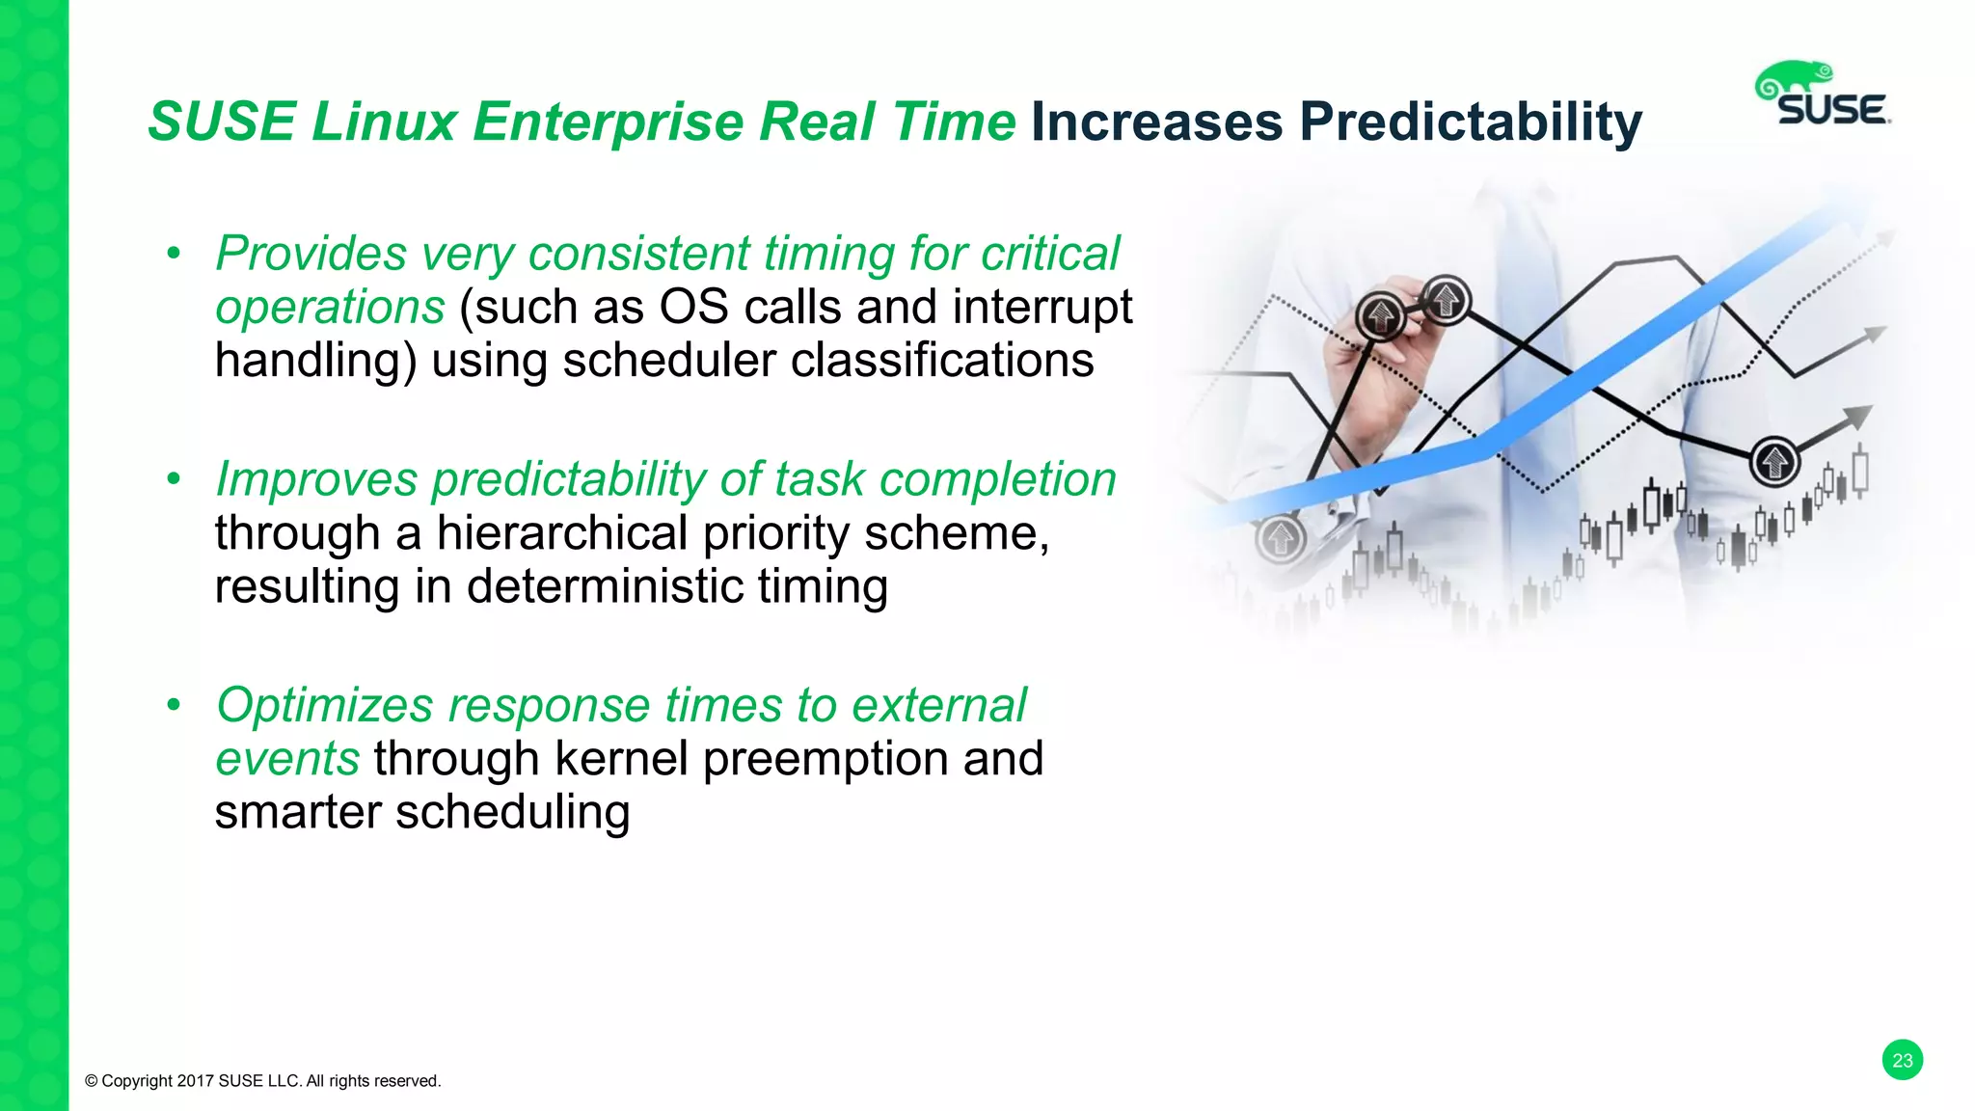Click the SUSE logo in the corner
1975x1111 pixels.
coord(1823,95)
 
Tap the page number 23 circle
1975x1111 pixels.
coord(1902,1060)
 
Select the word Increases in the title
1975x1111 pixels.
coord(1157,122)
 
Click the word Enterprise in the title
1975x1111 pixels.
coord(608,122)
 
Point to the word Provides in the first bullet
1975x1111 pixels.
coord(311,255)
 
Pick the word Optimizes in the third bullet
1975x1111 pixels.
coord(324,706)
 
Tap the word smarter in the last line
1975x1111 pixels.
coord(297,812)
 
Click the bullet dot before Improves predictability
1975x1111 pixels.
coord(174,479)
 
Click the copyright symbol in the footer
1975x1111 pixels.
coord(92,1081)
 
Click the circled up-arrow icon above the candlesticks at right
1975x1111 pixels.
coord(1774,461)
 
